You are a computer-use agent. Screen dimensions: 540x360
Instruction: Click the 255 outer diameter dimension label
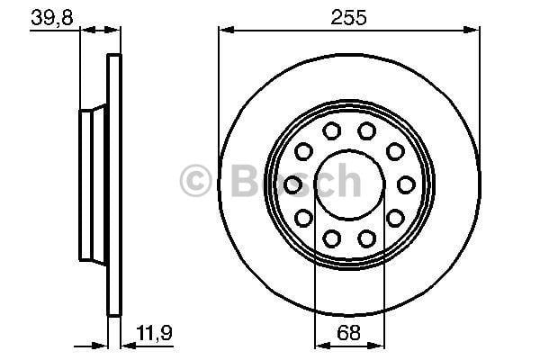348,17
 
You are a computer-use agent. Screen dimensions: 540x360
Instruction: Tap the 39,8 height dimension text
52,17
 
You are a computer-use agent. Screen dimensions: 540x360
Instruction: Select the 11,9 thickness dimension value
154,333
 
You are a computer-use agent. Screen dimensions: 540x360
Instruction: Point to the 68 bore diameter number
348,333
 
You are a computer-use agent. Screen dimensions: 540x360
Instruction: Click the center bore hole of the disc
349,184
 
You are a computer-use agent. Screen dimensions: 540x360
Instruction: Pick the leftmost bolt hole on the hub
292,184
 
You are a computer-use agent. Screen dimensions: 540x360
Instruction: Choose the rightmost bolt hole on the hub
406,184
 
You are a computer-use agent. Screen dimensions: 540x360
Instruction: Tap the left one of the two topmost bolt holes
332,130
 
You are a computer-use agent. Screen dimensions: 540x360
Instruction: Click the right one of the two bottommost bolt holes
367,238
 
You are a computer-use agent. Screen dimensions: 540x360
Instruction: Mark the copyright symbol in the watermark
195,181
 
